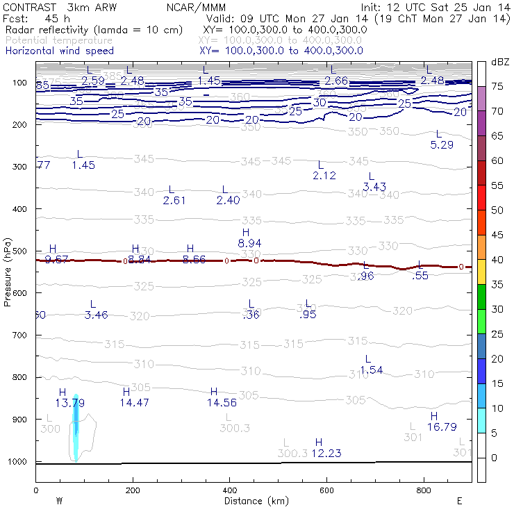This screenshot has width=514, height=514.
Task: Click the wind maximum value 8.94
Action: [249, 243]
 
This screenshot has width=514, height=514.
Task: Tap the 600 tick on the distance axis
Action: [326, 490]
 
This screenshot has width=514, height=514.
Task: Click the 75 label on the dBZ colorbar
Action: [497, 86]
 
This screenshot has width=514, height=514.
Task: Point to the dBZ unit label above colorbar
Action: [500, 63]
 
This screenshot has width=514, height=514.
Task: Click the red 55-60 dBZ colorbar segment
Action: [481, 174]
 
